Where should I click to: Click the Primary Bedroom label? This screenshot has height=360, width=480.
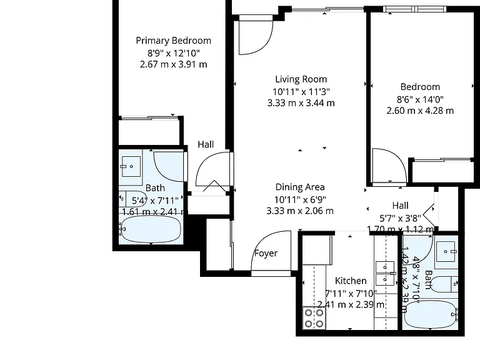173,41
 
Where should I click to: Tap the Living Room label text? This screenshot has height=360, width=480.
301,79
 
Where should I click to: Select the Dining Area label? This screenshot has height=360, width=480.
300,187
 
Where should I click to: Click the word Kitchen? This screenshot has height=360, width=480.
351,281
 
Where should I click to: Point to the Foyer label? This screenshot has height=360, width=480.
266,253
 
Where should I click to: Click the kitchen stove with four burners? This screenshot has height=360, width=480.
314,318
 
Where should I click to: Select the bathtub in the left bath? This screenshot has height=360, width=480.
151,229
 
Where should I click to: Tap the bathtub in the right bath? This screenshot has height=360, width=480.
431,315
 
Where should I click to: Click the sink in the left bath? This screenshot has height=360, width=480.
131,166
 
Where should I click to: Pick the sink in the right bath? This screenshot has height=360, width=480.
446,251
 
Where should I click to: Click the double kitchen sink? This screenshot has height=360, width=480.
385,273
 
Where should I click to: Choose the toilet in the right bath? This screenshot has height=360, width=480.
443,284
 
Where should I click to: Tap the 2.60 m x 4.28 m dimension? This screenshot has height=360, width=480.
420,111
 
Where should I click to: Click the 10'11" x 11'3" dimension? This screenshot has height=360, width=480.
301,91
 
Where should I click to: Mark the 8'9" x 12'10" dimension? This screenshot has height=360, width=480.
174,53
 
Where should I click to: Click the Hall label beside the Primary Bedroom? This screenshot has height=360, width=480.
206,144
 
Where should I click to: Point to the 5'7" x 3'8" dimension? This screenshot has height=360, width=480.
401,218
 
